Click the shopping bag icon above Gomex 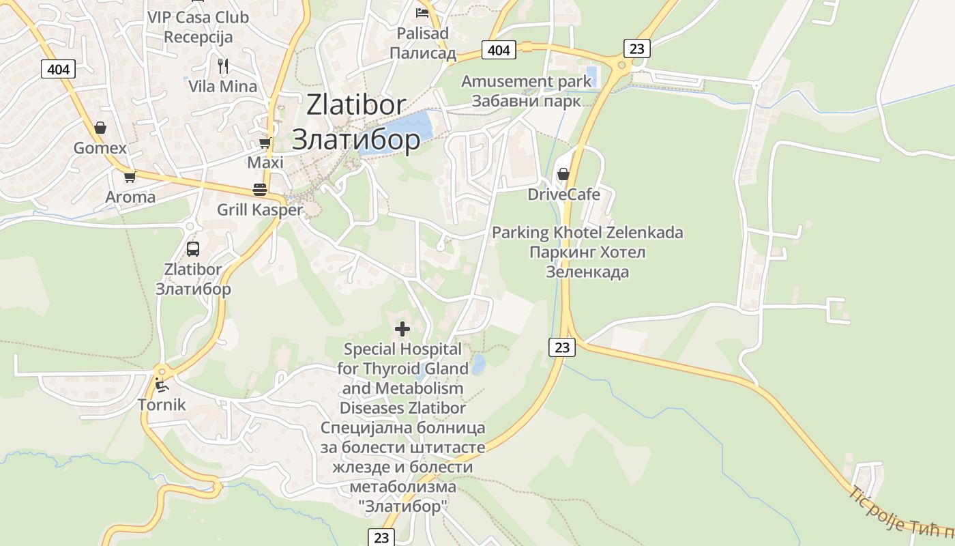point(100,128)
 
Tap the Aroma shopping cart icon point(130,177)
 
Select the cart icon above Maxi point(265,143)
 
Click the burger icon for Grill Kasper point(259,189)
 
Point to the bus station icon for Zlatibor point(193,248)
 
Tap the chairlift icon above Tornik point(162,385)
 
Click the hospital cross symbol point(402,329)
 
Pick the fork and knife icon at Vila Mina point(223,66)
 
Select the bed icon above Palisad point(422,12)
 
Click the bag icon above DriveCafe point(563,174)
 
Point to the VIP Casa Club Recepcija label point(198,27)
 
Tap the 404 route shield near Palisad point(499,50)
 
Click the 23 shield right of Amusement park point(636,48)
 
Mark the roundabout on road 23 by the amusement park point(621,66)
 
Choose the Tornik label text point(162,404)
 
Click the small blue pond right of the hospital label point(478,364)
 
